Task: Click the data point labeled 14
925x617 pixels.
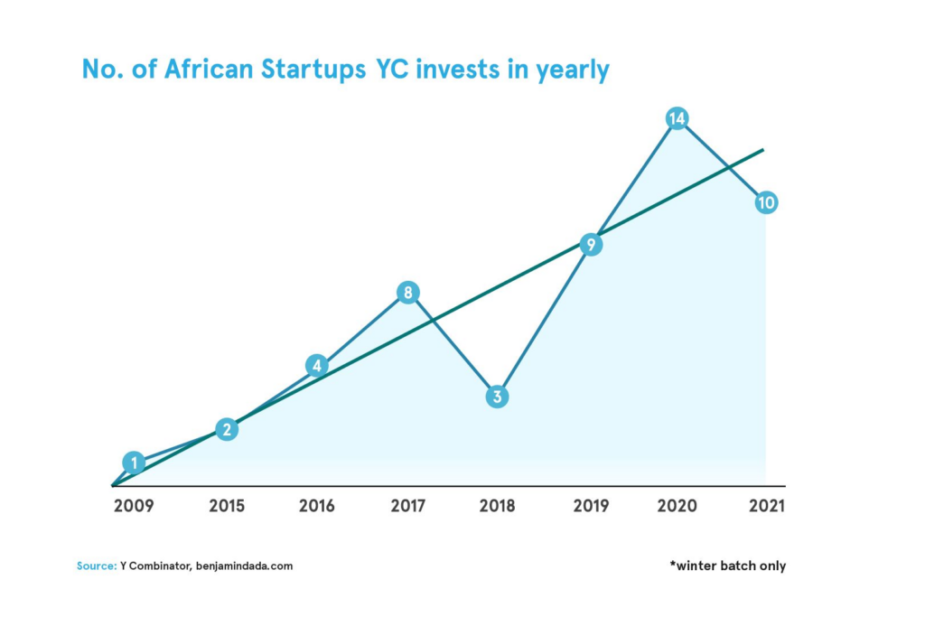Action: click(677, 118)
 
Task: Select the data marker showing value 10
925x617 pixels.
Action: click(766, 202)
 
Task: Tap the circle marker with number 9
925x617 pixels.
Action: click(591, 245)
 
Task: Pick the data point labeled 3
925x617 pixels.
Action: click(498, 397)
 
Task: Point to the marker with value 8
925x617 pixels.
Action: click(408, 293)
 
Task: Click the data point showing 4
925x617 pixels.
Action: click(316, 366)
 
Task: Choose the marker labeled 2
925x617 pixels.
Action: click(228, 430)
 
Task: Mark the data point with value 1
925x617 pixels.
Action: click(134, 463)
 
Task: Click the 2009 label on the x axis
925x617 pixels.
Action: click(133, 506)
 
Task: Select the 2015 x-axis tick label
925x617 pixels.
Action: click(226, 506)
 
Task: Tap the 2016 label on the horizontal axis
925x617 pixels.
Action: click(316, 506)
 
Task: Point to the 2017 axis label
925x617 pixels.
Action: click(408, 506)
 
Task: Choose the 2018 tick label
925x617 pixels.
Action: click(498, 506)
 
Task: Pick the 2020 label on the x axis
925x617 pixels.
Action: click(677, 506)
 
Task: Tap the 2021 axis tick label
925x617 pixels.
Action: click(766, 506)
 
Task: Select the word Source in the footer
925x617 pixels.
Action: click(95, 566)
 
